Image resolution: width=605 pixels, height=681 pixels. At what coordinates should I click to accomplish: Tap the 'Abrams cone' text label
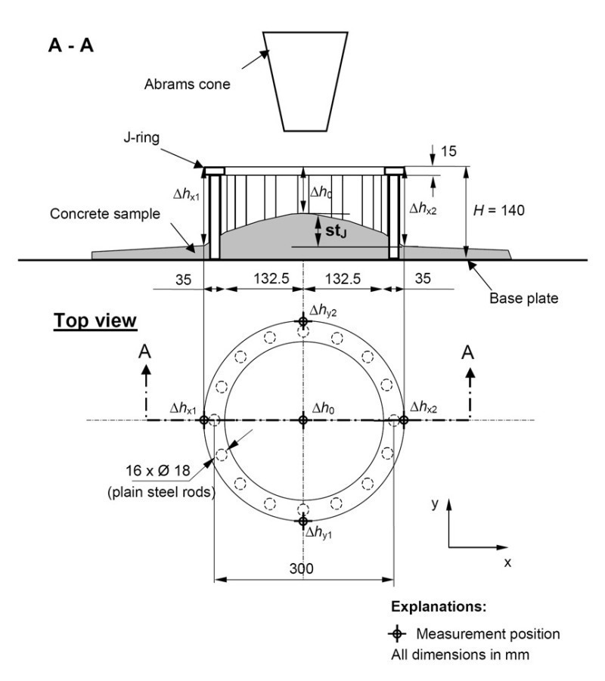187,84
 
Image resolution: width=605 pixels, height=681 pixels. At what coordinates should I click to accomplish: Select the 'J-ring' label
141,138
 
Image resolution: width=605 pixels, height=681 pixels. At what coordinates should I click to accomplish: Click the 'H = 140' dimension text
498,210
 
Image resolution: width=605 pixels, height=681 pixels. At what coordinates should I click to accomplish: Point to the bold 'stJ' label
336,231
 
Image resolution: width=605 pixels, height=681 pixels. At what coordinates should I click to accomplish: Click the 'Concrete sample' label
105,214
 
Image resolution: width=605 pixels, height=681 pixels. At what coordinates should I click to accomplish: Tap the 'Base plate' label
524,299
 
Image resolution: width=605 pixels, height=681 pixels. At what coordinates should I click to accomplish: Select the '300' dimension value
301,568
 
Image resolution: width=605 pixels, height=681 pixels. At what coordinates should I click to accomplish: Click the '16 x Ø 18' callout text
158,470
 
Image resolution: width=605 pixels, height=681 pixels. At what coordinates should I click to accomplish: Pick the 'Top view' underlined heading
95,321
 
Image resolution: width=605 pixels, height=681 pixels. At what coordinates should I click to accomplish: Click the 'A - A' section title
71,45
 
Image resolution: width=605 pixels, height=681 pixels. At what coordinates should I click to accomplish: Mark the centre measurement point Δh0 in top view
303,420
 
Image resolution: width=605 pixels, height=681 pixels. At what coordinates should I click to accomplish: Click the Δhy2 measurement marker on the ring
303,321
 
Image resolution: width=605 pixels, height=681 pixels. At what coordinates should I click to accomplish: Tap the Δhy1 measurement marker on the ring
303,521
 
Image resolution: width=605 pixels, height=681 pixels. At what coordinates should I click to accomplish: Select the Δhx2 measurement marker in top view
404,420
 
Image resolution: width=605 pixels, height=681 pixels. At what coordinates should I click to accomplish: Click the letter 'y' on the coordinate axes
435,503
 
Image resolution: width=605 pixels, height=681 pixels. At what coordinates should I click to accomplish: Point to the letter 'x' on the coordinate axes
507,563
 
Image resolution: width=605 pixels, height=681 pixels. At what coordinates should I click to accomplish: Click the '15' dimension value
449,151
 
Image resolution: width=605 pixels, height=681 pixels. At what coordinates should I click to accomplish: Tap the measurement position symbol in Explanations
397,634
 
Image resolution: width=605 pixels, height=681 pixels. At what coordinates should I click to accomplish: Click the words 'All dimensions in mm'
461,655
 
